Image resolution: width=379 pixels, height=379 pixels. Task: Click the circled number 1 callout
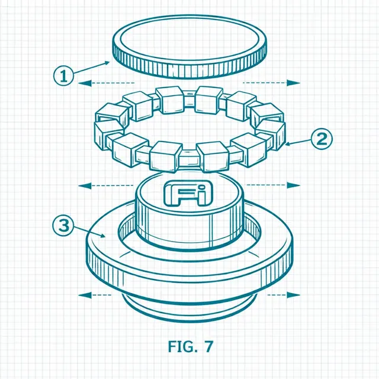[63, 75]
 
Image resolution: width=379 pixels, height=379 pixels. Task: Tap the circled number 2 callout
[322, 139]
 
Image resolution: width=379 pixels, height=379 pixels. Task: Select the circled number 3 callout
[63, 226]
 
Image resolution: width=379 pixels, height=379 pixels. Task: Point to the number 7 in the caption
[208, 346]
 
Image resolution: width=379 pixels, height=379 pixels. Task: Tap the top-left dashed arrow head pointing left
[85, 83]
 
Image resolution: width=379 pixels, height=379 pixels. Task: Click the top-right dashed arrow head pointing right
[293, 83]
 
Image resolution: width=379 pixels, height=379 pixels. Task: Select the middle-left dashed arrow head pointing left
[85, 186]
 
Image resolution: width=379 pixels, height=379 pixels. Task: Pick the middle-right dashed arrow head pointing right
[293, 185]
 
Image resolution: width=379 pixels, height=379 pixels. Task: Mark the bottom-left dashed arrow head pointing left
[85, 295]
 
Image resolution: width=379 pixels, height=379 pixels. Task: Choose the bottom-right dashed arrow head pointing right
[293, 295]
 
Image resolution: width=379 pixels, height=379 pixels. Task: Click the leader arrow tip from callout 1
[109, 62]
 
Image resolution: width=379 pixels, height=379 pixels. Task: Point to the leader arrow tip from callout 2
[285, 144]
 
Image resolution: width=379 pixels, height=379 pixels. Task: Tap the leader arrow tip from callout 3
[105, 237]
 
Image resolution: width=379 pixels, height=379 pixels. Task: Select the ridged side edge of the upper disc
[189, 69]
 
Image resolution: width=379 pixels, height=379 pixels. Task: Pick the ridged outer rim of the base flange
[189, 278]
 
